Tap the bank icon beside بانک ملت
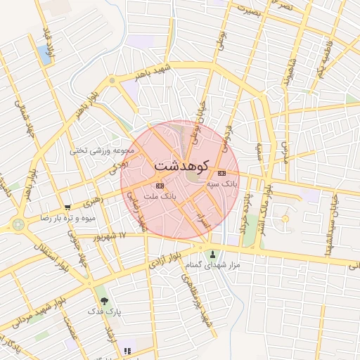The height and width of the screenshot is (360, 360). (x=160, y=186)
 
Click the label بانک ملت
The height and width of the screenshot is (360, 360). (x=159, y=198)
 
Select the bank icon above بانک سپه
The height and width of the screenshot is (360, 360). (x=221, y=173)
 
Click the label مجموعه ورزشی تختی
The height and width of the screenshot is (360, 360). (x=98, y=150)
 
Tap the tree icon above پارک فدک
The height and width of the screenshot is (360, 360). (x=105, y=300)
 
